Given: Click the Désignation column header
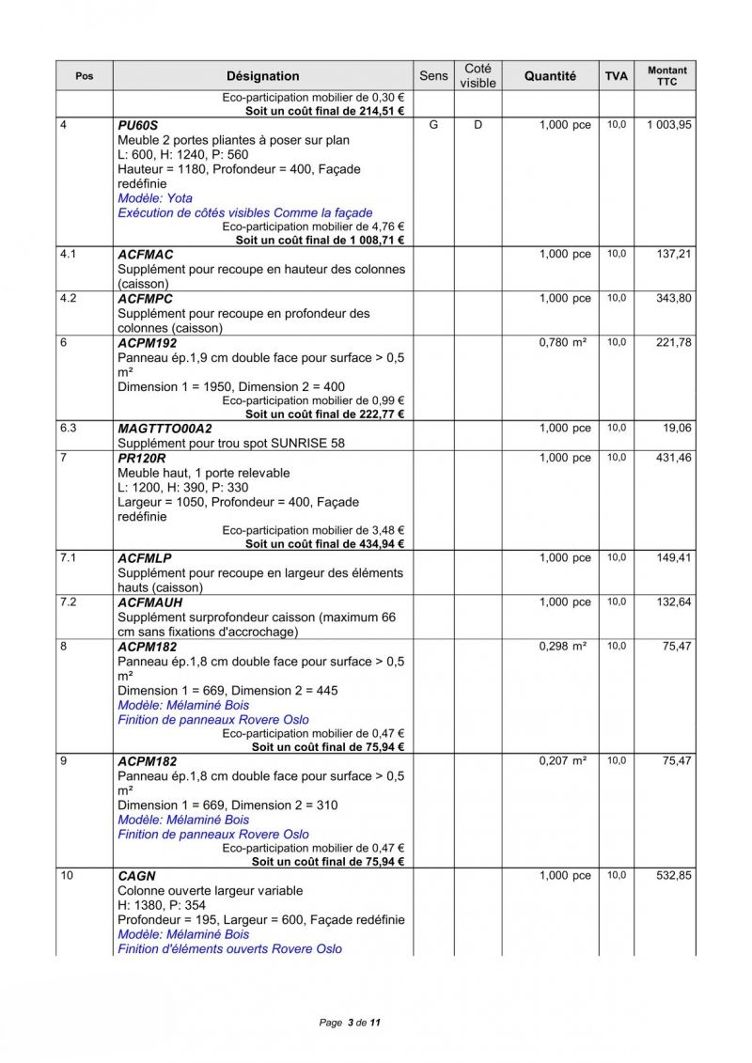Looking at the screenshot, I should click(x=262, y=76).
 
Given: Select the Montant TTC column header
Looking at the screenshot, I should click(x=666, y=76).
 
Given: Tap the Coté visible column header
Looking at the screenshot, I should click(x=478, y=76).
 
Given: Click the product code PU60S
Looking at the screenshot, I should click(x=138, y=125).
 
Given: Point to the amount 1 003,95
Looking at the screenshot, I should click(x=668, y=125).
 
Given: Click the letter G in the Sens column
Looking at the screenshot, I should click(x=433, y=125).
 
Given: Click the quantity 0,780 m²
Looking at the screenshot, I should click(x=562, y=343).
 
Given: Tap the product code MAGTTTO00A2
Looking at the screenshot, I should click(x=165, y=429).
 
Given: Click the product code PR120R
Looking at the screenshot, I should click(x=142, y=458).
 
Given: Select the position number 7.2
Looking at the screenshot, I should click(x=68, y=602).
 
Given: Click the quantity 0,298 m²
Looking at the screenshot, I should click(x=562, y=647).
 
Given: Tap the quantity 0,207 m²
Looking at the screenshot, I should click(x=562, y=761).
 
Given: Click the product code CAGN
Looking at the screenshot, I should click(x=137, y=876).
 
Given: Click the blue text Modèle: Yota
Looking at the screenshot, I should click(x=155, y=198).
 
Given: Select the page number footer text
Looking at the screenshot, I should click(x=350, y=1023).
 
